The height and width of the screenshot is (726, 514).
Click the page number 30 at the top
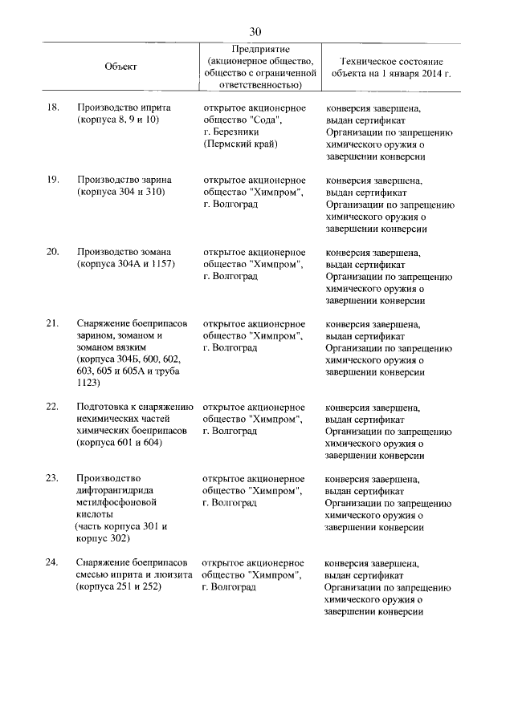point(255,30)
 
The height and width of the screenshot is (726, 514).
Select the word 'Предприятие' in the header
point(260,50)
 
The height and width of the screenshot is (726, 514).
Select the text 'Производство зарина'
point(124,180)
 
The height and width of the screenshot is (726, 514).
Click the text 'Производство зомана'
point(124,252)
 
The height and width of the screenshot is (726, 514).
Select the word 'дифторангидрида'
point(116,491)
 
